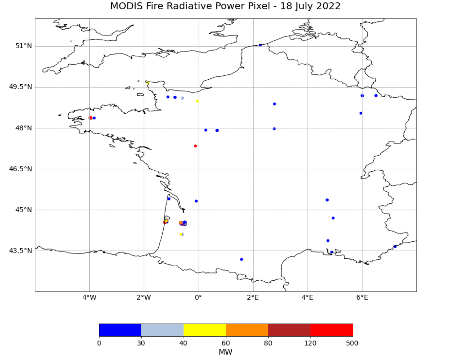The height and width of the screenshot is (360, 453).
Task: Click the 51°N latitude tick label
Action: point(23,46)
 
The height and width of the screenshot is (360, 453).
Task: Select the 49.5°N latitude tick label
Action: point(20,87)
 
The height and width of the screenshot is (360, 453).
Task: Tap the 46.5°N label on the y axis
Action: point(20,169)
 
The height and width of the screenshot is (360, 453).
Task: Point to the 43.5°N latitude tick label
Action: point(20,251)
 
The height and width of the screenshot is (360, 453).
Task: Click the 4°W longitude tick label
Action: point(89,297)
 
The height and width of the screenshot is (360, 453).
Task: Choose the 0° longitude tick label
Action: point(198,297)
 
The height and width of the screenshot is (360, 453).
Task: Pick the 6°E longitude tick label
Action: point(362,297)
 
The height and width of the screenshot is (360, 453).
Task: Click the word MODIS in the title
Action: point(126,6)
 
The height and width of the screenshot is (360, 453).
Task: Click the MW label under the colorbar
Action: point(225,352)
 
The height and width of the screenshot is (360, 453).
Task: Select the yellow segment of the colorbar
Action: point(205,330)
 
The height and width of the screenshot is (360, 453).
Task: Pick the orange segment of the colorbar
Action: point(247,330)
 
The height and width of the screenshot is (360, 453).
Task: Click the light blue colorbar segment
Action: point(162,330)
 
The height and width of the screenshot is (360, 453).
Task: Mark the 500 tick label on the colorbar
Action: point(352,343)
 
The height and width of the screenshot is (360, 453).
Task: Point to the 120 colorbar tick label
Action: point(310,343)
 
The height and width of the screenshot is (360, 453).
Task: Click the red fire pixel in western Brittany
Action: point(90,118)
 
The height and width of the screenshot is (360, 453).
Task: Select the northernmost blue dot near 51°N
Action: point(260,45)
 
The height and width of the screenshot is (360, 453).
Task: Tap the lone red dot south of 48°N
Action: point(195,146)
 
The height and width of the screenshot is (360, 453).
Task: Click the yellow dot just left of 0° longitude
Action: point(197,101)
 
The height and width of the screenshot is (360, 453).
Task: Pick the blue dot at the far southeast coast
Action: point(395,247)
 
